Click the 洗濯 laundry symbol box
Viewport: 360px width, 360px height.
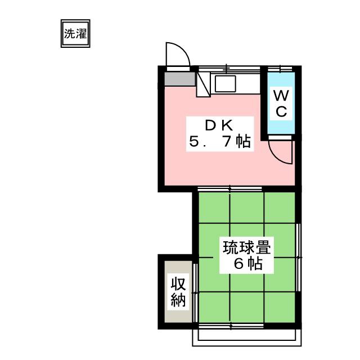75,34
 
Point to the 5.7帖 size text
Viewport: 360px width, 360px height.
219,142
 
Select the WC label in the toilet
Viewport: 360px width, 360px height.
281,103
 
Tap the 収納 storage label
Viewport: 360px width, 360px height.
178,292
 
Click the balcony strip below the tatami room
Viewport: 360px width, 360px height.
246,335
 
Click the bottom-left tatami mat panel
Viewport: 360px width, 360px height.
213,307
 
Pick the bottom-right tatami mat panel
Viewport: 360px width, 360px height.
280,307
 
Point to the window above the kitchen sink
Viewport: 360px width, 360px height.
228,69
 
